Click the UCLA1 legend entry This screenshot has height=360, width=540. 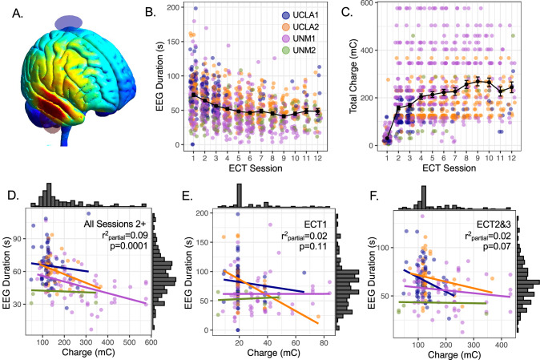pyautogui.click(x=300, y=15)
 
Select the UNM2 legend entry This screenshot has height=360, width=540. pyautogui.click(x=300, y=51)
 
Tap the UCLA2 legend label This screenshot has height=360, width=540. pyautogui.click(x=306, y=27)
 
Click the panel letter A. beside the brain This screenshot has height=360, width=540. pyautogui.click(x=17, y=14)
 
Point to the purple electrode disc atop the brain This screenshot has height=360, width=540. pyautogui.click(x=68, y=22)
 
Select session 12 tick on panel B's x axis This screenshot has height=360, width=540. pyautogui.click(x=317, y=158)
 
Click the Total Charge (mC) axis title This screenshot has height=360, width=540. pyautogui.click(x=353, y=76)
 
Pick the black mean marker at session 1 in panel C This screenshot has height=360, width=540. pyautogui.click(x=387, y=139)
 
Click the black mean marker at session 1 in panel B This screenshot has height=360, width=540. pyautogui.click(x=194, y=95)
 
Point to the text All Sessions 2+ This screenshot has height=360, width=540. pyautogui.click(x=115, y=224)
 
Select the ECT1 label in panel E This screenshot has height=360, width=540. pyautogui.click(x=316, y=224)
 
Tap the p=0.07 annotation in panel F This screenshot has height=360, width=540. pyautogui.click(x=497, y=247)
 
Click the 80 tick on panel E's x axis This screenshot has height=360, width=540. pyautogui.click(x=324, y=342)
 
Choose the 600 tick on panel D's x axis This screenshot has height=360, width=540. pyautogui.click(x=151, y=342)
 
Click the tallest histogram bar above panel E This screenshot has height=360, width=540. pyautogui.click(x=240, y=196)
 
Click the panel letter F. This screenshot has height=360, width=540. pyautogui.click(x=373, y=196)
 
